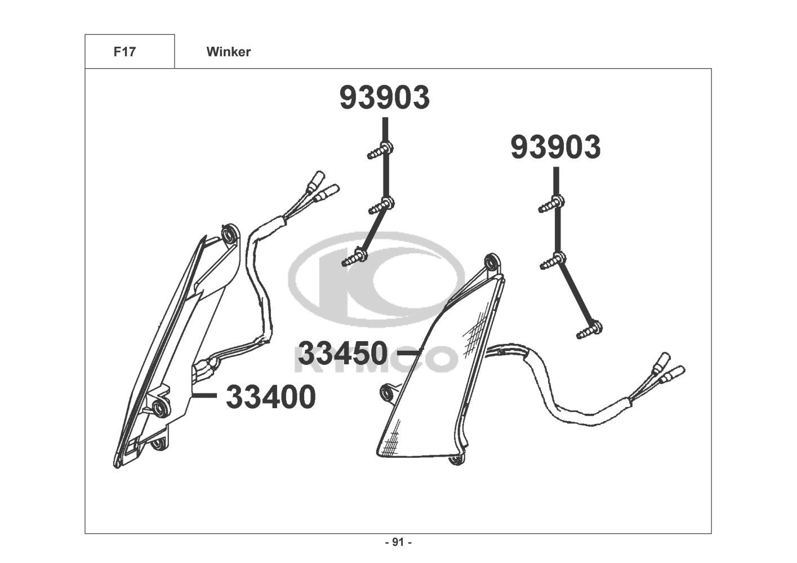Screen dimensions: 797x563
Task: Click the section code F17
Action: click(124, 52)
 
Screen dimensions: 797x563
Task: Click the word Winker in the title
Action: click(229, 52)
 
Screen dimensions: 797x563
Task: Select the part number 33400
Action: click(271, 397)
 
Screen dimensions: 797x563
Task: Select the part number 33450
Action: click(343, 353)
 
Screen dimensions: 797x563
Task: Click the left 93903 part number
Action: click(385, 97)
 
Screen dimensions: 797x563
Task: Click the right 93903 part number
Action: click(556, 148)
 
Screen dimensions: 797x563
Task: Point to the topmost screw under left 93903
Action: click(380, 150)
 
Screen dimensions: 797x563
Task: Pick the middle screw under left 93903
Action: click(381, 205)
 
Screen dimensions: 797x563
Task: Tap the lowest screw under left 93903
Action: click(354, 258)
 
